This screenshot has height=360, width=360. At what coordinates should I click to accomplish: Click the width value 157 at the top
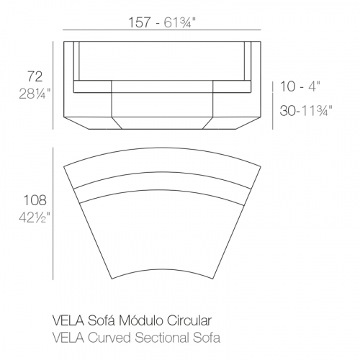point(140,22)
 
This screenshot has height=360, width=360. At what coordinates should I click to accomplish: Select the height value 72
point(35,76)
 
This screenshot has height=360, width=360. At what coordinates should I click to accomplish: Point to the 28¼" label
point(35,94)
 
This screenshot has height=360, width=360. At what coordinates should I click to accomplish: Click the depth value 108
point(35,200)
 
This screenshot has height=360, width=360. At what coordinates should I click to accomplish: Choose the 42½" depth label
point(35,217)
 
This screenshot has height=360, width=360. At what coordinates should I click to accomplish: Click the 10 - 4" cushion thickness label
point(300,86)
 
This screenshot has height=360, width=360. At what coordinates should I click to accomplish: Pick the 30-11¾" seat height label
point(306,111)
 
